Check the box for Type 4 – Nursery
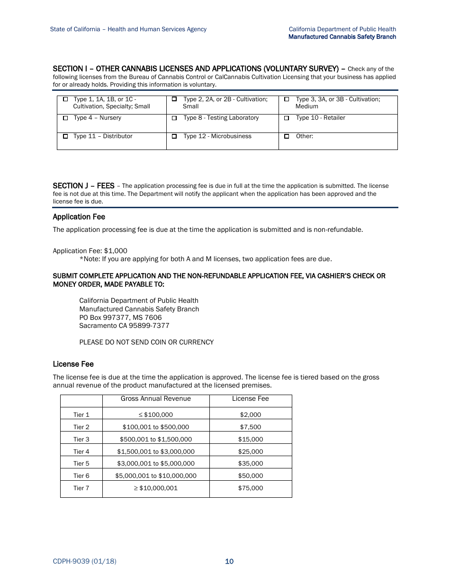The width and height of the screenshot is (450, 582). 65,118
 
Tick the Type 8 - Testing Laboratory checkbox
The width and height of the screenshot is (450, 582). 174,118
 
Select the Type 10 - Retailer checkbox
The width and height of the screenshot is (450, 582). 287,118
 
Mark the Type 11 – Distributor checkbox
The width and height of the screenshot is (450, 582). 65,136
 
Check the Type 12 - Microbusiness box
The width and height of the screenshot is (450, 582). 174,136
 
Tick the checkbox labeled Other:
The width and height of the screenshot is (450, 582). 287,136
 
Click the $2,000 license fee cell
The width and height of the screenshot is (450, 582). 250,415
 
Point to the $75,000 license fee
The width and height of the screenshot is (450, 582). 250,488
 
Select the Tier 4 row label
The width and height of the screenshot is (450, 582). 81,452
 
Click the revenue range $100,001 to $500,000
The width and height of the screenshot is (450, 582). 155,427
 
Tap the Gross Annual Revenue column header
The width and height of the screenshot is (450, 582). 155,399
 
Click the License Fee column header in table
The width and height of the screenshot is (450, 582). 250,399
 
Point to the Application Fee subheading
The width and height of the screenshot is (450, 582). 79,217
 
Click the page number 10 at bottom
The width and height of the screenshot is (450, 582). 229,562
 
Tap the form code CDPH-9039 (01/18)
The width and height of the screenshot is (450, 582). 84,562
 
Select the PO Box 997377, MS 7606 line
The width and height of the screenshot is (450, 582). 120,317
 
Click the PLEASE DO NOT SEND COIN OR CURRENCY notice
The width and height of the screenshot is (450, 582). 146,342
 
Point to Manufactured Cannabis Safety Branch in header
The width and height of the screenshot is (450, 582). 342,37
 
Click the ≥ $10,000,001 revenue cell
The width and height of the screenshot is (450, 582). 155,488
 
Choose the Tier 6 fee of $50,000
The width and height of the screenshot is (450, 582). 250,476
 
